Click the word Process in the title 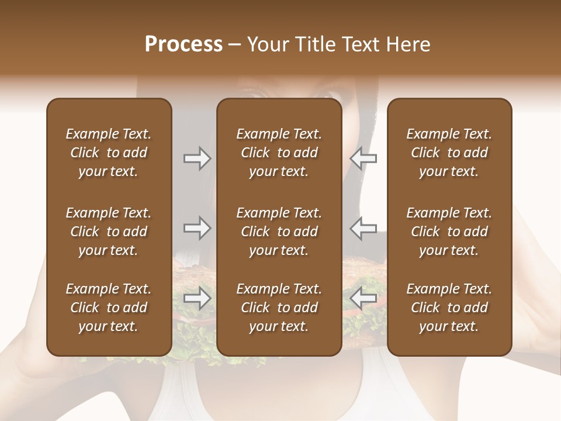tap(183, 44)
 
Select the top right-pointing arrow tap(197, 158)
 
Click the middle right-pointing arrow tap(197, 228)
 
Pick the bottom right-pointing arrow tap(197, 298)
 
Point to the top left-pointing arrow tap(363, 158)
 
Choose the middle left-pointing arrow tap(363, 228)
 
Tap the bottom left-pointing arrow tap(363, 298)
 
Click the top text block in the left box tap(109, 153)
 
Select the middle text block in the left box tap(109, 232)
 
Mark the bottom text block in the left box tap(109, 308)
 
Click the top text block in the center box tap(279, 153)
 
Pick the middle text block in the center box tap(279, 232)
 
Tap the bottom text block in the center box tap(279, 308)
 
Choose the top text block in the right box tap(449, 153)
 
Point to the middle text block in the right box tap(449, 232)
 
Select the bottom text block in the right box tap(449, 308)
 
